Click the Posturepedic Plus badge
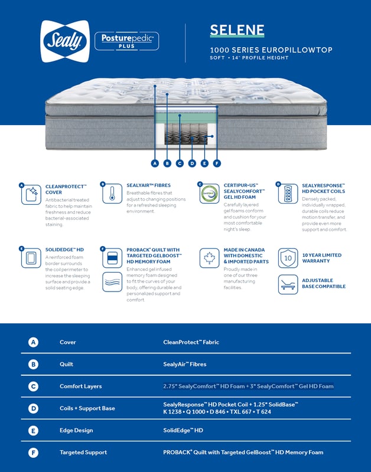(x=126, y=41)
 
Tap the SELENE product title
(x=237, y=30)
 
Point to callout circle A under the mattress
(x=155, y=163)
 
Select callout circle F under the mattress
(x=217, y=163)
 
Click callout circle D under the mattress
(x=192, y=163)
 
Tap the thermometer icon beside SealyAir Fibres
(x=112, y=194)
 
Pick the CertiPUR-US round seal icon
(x=209, y=194)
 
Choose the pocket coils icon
(x=288, y=194)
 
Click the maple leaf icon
(x=209, y=258)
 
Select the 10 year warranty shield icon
(x=288, y=258)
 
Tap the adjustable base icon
(x=288, y=284)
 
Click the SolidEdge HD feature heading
(x=64, y=250)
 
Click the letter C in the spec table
(x=33, y=386)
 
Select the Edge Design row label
(x=76, y=431)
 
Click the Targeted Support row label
(x=83, y=453)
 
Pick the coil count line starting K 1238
(x=217, y=412)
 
